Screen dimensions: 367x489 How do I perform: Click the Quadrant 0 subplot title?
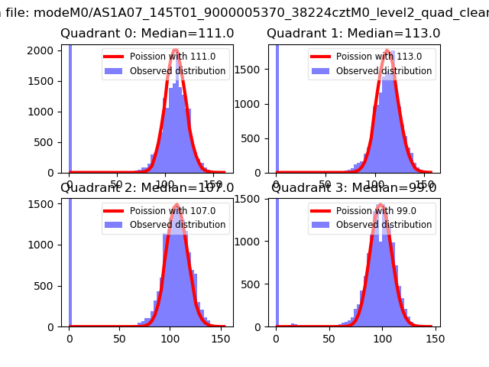(147, 34)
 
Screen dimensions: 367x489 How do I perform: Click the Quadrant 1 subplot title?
(354, 34)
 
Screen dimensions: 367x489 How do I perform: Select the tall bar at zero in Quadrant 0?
(70, 107)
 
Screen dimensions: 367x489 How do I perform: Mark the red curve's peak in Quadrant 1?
(387, 50)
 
